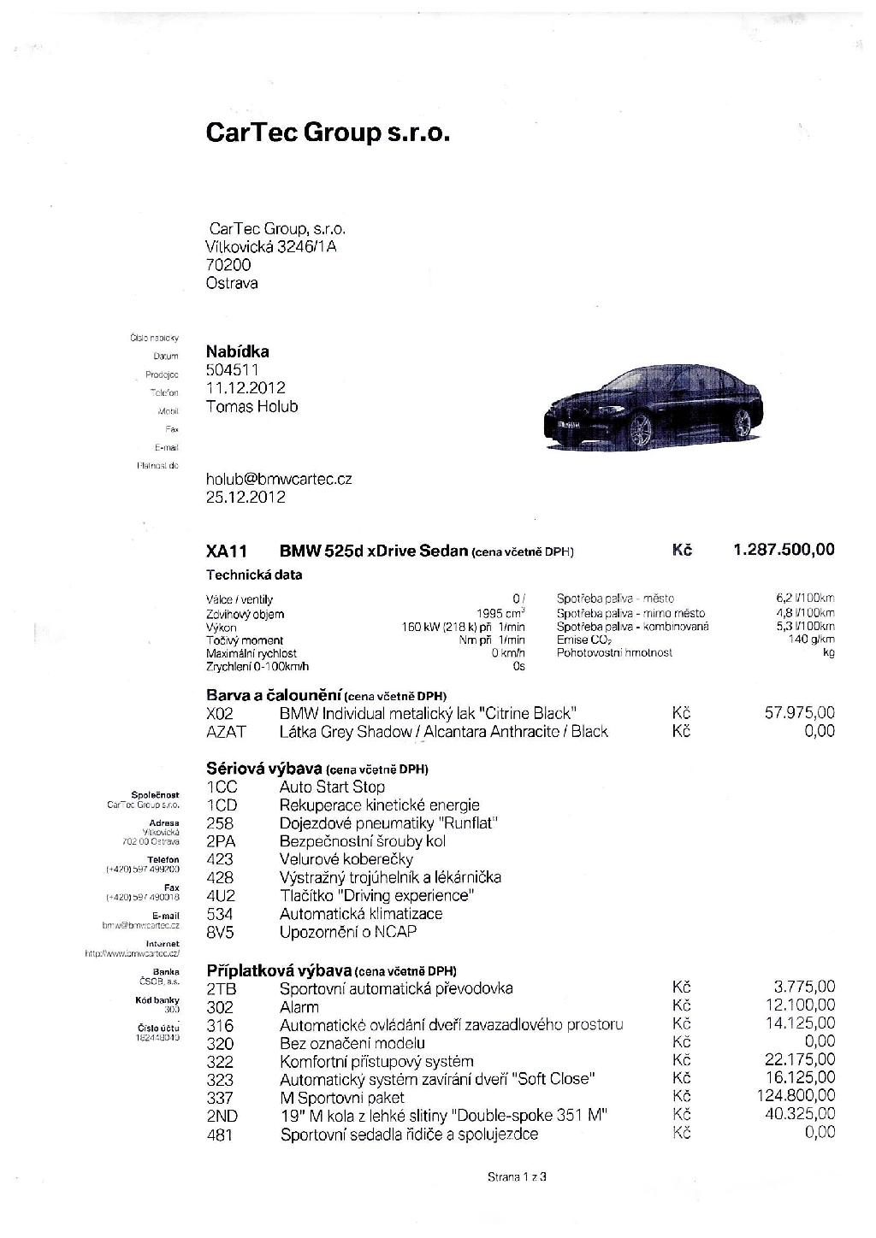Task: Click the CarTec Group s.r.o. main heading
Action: [x=328, y=133]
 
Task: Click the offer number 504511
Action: [x=232, y=370]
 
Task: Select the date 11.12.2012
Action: [x=246, y=388]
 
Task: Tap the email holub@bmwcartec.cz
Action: [x=279, y=480]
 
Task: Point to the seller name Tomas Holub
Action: [x=252, y=407]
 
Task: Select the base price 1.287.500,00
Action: [x=784, y=550]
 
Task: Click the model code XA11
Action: [x=227, y=551]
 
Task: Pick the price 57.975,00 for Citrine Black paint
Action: [x=799, y=712]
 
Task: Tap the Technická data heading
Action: [x=254, y=575]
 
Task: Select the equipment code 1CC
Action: [x=222, y=787]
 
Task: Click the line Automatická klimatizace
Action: [x=361, y=914]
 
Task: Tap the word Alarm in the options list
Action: [x=299, y=1007]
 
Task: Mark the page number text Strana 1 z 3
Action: [x=517, y=1177]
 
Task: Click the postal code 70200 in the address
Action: [x=228, y=265]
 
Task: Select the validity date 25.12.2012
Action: [x=246, y=498]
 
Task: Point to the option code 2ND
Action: [x=222, y=1116]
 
